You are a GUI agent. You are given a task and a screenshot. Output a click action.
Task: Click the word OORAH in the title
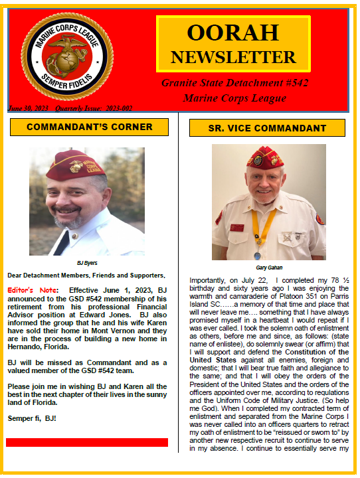click(232, 33)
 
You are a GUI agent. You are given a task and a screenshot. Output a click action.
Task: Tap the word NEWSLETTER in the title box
click(232, 56)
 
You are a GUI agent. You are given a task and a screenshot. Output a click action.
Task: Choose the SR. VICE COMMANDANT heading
click(268, 127)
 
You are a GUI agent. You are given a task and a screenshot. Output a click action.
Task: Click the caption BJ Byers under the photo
click(86, 263)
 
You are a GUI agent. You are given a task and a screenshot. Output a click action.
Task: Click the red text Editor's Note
click(31, 290)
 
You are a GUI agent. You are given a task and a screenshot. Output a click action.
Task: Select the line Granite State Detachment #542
click(234, 83)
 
